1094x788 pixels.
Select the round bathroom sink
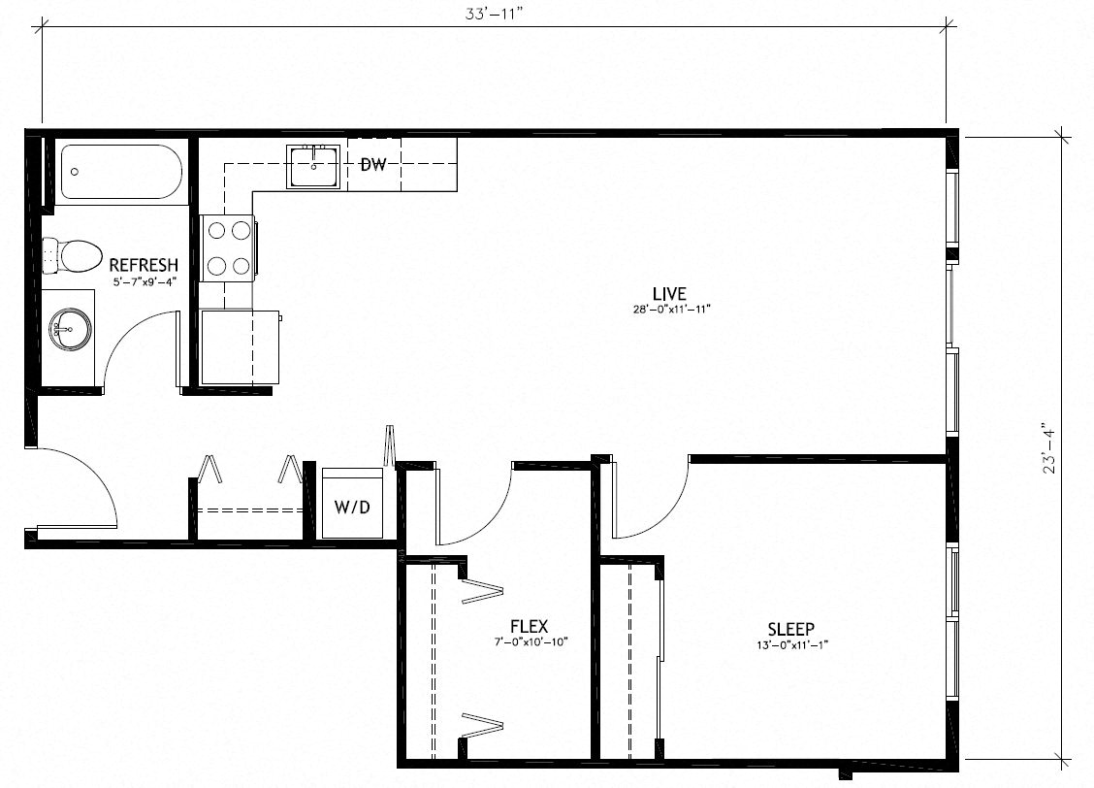coord(69,330)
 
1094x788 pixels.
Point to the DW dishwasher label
coord(373,165)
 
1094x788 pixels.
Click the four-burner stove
coord(228,248)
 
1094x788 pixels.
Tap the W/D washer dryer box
coord(352,506)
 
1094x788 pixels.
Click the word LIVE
coord(669,293)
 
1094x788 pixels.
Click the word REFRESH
coord(144,265)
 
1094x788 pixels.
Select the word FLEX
coord(529,627)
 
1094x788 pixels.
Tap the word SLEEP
coord(790,628)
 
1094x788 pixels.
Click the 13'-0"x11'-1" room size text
coord(790,644)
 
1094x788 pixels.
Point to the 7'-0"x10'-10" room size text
coord(529,642)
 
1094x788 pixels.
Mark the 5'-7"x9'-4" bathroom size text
coord(144,281)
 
